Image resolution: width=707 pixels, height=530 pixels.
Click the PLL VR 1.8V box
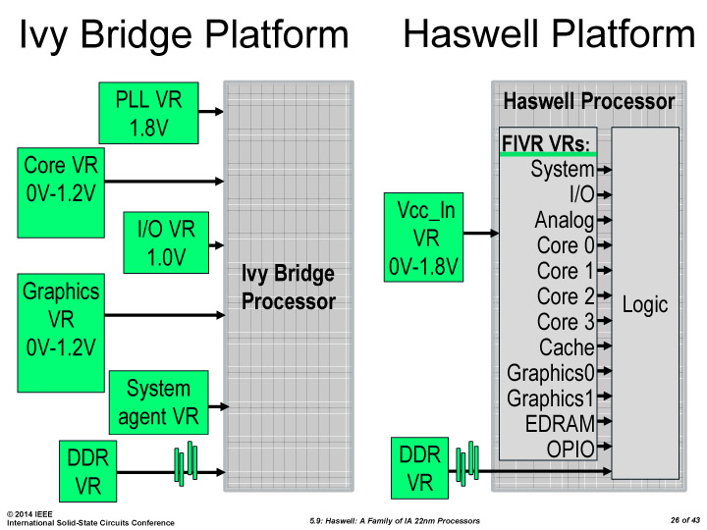click(148, 112)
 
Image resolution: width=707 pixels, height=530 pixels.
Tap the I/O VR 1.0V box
click(166, 242)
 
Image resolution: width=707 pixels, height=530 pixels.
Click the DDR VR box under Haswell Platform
click(419, 469)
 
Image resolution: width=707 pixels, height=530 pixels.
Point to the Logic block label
click(645, 304)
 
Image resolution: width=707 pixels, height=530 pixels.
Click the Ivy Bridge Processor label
click(288, 288)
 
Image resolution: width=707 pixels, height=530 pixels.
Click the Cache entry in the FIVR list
click(567, 347)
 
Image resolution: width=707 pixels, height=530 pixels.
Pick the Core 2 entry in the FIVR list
click(565, 296)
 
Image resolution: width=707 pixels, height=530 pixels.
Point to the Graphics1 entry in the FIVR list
click(551, 398)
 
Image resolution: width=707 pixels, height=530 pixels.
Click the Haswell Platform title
click(549, 34)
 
